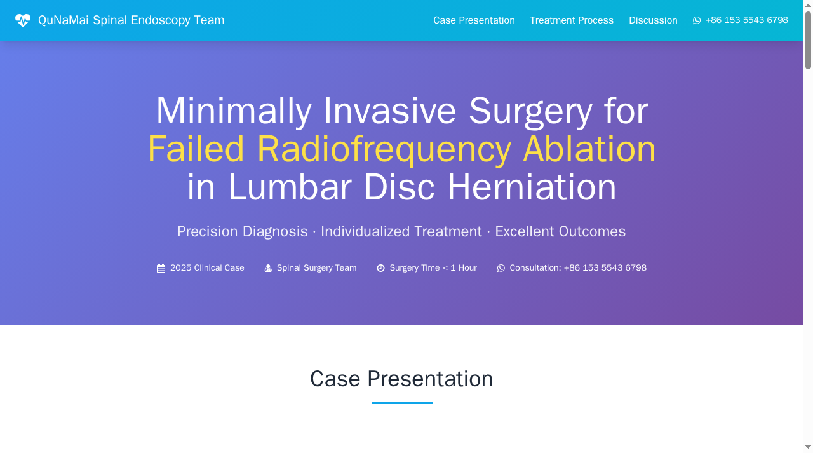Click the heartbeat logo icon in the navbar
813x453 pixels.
(23, 20)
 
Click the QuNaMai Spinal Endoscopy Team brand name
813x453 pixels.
(131, 20)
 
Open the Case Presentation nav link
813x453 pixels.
(474, 20)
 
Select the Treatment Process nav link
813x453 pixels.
(572, 20)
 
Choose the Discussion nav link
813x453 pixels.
(653, 20)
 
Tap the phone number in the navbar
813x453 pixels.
(746, 20)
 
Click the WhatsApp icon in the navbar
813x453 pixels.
(697, 20)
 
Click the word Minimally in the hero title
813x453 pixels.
(234, 111)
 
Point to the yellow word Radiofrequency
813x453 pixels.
(384, 149)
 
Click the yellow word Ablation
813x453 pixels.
(589, 149)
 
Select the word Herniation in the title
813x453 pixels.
(532, 187)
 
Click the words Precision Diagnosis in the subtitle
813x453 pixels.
(242, 231)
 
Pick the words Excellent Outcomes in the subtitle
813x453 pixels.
(560, 231)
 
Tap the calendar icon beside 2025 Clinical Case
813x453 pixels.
(161, 268)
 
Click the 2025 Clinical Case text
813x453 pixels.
(207, 268)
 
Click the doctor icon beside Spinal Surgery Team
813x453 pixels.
(268, 268)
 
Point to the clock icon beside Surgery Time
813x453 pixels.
(380, 268)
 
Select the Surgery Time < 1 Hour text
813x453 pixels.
(433, 268)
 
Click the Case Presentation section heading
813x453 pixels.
(401, 379)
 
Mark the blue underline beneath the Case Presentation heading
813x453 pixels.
(401, 403)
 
